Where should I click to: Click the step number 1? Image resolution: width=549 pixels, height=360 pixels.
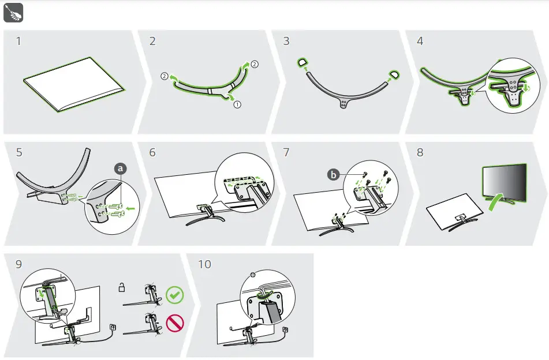coord(19,41)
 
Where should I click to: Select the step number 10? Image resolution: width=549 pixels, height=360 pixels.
coord(205,264)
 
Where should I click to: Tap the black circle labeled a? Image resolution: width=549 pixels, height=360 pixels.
coord(121,168)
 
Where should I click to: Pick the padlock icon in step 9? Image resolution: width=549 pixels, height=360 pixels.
coord(121,287)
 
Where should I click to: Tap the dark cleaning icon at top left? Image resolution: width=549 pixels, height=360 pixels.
coord(13,13)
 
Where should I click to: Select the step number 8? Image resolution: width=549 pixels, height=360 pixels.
coord(420,153)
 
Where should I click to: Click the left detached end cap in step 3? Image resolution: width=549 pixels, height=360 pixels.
coord(302,62)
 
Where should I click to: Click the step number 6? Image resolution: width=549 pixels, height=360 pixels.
coord(152,153)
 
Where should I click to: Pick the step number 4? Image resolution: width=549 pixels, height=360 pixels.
coord(420,41)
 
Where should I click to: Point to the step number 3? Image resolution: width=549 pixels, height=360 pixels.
coord(286,41)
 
